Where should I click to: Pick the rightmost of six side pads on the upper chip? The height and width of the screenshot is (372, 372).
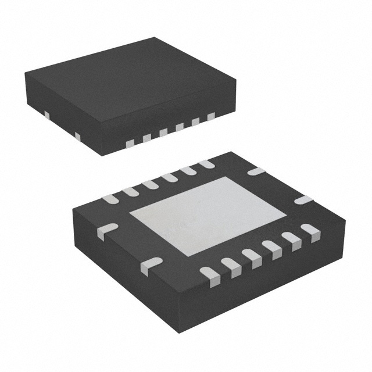(x=210, y=117)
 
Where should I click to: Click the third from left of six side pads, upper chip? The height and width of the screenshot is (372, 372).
(x=163, y=133)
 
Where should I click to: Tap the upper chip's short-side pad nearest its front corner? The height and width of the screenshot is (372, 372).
(x=77, y=136)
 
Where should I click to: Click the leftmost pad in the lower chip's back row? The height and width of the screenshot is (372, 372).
(x=109, y=199)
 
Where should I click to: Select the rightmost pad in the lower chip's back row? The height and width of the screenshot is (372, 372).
(x=206, y=164)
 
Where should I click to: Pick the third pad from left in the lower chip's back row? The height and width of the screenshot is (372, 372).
(x=149, y=184)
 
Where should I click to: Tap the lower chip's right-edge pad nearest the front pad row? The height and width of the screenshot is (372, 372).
(x=303, y=200)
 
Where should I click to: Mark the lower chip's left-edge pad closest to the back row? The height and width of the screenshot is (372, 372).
(x=107, y=231)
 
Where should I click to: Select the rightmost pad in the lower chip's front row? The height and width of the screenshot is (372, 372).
(x=310, y=232)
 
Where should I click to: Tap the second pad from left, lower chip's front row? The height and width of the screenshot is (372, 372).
(x=231, y=266)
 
